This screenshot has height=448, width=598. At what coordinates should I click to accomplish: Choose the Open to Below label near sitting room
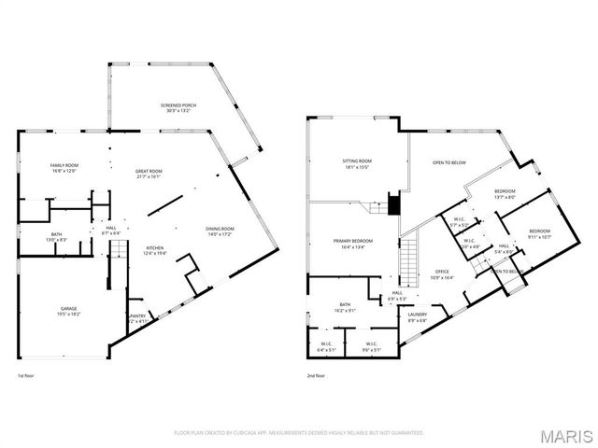pos(448,162)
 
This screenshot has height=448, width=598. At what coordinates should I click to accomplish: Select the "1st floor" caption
pos(27,375)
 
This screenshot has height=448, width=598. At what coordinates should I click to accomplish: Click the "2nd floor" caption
pos(315,375)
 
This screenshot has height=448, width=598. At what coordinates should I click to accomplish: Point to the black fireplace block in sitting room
pos(393,203)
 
